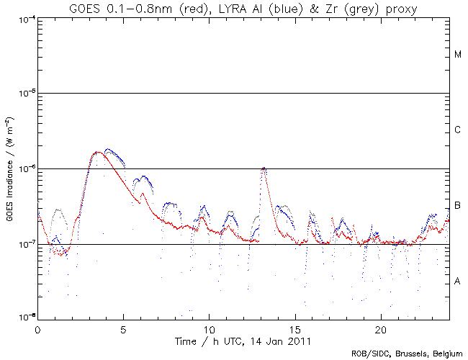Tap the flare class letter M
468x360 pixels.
[458, 55]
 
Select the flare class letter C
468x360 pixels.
[458, 130]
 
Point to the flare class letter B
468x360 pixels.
[458, 206]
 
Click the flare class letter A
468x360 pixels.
[458, 281]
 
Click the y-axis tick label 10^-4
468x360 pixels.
[23, 19]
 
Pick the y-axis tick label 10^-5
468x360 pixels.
[23, 94]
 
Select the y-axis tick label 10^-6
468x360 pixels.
[23, 169]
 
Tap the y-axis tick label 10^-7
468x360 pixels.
[23, 245]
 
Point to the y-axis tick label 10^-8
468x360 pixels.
[23, 318]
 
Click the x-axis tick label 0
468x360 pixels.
[37, 328]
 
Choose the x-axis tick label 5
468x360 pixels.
[123, 328]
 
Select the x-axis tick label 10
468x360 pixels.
[209, 328]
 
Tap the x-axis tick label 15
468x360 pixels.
[294, 328]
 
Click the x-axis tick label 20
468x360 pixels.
[380, 328]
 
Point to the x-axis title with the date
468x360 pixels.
[243, 340]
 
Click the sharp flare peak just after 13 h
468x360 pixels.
[264, 168]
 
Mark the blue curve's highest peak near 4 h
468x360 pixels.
[108, 150]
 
